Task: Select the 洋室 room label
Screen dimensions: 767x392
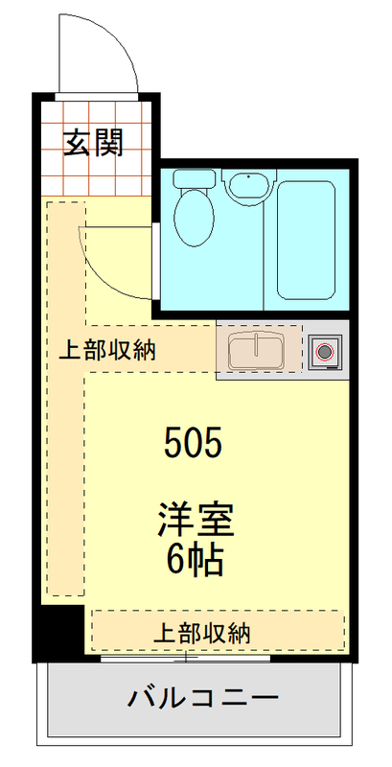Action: point(196,523)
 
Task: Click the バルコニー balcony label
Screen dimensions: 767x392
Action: point(203,697)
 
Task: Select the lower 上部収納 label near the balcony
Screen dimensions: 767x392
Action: point(202,632)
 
